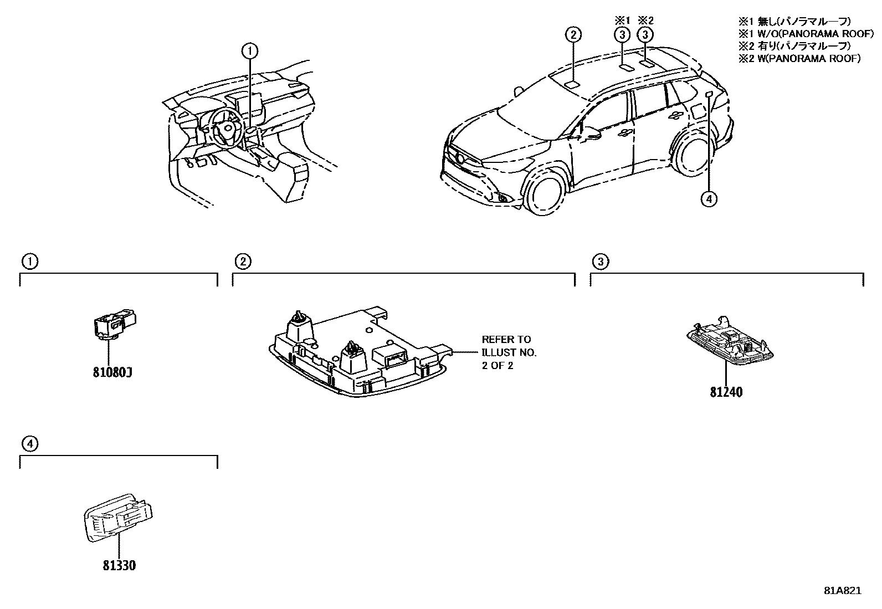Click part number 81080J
pyautogui.click(x=112, y=372)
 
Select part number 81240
pyautogui.click(x=726, y=392)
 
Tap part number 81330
pyautogui.click(x=119, y=566)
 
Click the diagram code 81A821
pyautogui.click(x=842, y=591)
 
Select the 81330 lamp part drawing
pyautogui.click(x=118, y=516)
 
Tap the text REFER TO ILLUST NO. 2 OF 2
pyautogui.click(x=509, y=352)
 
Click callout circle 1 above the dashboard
pyautogui.click(x=250, y=52)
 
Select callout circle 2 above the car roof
pyautogui.click(x=573, y=35)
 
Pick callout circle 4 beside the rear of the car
pyautogui.click(x=709, y=198)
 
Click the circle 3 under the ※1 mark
pyautogui.click(x=622, y=35)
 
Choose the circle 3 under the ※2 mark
pyautogui.click(x=645, y=35)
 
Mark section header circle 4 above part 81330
pyautogui.click(x=30, y=443)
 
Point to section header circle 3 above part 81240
pyautogui.click(x=600, y=262)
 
